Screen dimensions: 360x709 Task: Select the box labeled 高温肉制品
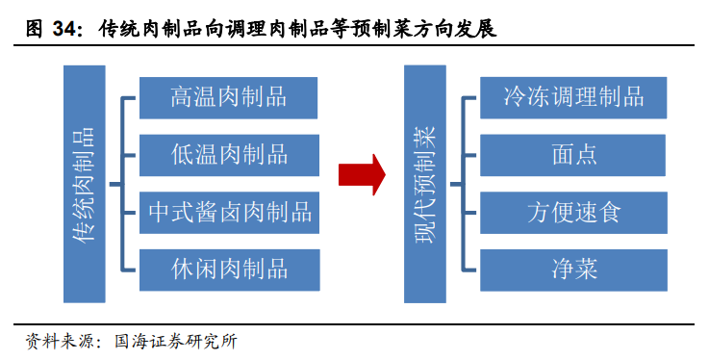pyautogui.click(x=228, y=97)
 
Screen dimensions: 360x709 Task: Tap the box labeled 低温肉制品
pyautogui.click(x=228, y=154)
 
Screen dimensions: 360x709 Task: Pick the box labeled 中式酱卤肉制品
pyautogui.click(x=228, y=211)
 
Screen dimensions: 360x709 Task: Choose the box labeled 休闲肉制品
pyautogui.click(x=228, y=267)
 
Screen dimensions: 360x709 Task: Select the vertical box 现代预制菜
pyautogui.click(x=422, y=183)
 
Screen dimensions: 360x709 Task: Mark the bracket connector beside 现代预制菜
pyautogui.click(x=463, y=183)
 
